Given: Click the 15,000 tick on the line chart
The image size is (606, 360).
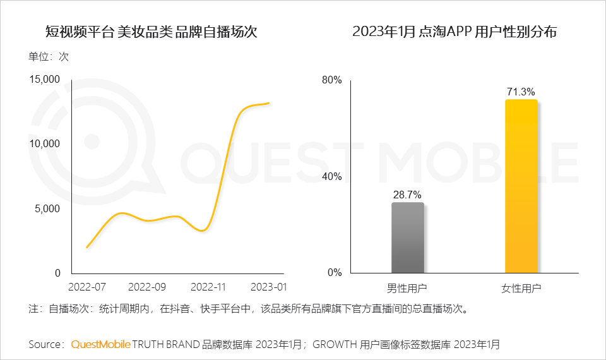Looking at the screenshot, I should (x=44, y=79).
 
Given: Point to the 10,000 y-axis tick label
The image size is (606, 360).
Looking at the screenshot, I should (x=44, y=143).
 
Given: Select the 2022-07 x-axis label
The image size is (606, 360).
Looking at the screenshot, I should (x=87, y=287).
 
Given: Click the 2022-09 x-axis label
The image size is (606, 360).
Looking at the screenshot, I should (x=147, y=287).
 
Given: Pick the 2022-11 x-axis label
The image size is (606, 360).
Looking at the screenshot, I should (x=208, y=287).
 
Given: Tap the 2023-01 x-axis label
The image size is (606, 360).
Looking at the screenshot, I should (x=268, y=287).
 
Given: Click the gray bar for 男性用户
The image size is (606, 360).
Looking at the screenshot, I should (x=408, y=238).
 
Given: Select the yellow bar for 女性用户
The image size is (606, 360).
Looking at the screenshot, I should (x=521, y=186).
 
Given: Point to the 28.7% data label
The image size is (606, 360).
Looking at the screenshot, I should (x=408, y=195).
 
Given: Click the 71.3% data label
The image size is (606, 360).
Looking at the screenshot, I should (x=521, y=92).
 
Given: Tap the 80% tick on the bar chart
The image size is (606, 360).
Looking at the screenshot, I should (x=332, y=80).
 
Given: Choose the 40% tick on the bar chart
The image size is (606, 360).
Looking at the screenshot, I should (x=332, y=177).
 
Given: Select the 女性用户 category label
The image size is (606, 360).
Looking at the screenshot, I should (x=521, y=289).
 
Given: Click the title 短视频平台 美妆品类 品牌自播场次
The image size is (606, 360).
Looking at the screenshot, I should (x=151, y=32).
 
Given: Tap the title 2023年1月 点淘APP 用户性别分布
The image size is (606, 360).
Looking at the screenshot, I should (x=454, y=32).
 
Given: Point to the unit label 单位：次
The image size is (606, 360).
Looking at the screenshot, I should (x=49, y=56).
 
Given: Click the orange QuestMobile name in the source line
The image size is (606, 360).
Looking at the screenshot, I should (x=101, y=344).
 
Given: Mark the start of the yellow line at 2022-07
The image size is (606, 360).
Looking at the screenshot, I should (x=87, y=247).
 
